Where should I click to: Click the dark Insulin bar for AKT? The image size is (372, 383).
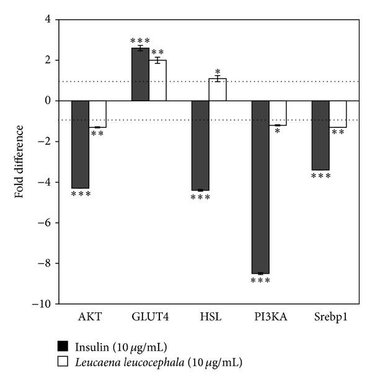tap(80, 144)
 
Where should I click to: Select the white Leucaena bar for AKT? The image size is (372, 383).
tap(98, 114)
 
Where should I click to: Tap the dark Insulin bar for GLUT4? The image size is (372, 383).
tap(140, 74)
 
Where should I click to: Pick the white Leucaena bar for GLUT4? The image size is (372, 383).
tap(157, 81)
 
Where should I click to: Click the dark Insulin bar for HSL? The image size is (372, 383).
tap(200, 145)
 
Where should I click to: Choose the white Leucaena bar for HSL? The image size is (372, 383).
tap(218, 90)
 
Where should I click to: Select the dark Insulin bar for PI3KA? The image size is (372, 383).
tap(260, 187)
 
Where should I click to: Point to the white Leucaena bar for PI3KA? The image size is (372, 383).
tap(278, 113)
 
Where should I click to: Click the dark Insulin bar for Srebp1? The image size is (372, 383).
tap(320, 135)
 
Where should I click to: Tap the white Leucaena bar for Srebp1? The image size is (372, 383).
tap(338, 114)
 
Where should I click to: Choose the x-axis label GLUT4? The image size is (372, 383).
tap(149, 317)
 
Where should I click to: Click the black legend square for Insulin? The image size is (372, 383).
tap(61, 346)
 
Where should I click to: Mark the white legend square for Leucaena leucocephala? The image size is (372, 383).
tap(61, 360)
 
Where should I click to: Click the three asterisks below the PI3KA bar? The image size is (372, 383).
tap(260, 281)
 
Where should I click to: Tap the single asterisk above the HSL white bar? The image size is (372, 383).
tap(218, 71)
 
